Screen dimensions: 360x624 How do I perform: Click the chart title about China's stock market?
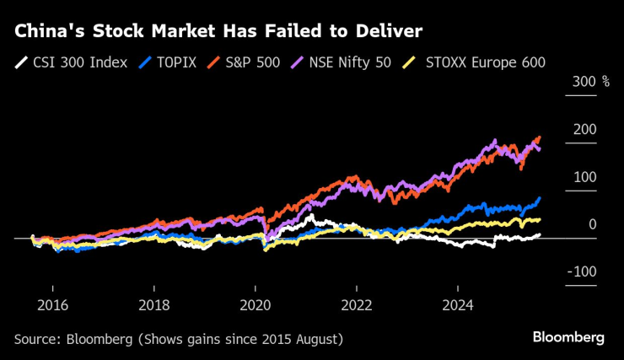218,32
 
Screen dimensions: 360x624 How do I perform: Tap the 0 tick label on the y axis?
592,223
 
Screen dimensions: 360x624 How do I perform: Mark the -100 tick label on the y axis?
582,271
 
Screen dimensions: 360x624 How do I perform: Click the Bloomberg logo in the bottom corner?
568,337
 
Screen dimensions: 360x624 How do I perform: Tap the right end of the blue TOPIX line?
539,198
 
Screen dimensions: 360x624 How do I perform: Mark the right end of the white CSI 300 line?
539,235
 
